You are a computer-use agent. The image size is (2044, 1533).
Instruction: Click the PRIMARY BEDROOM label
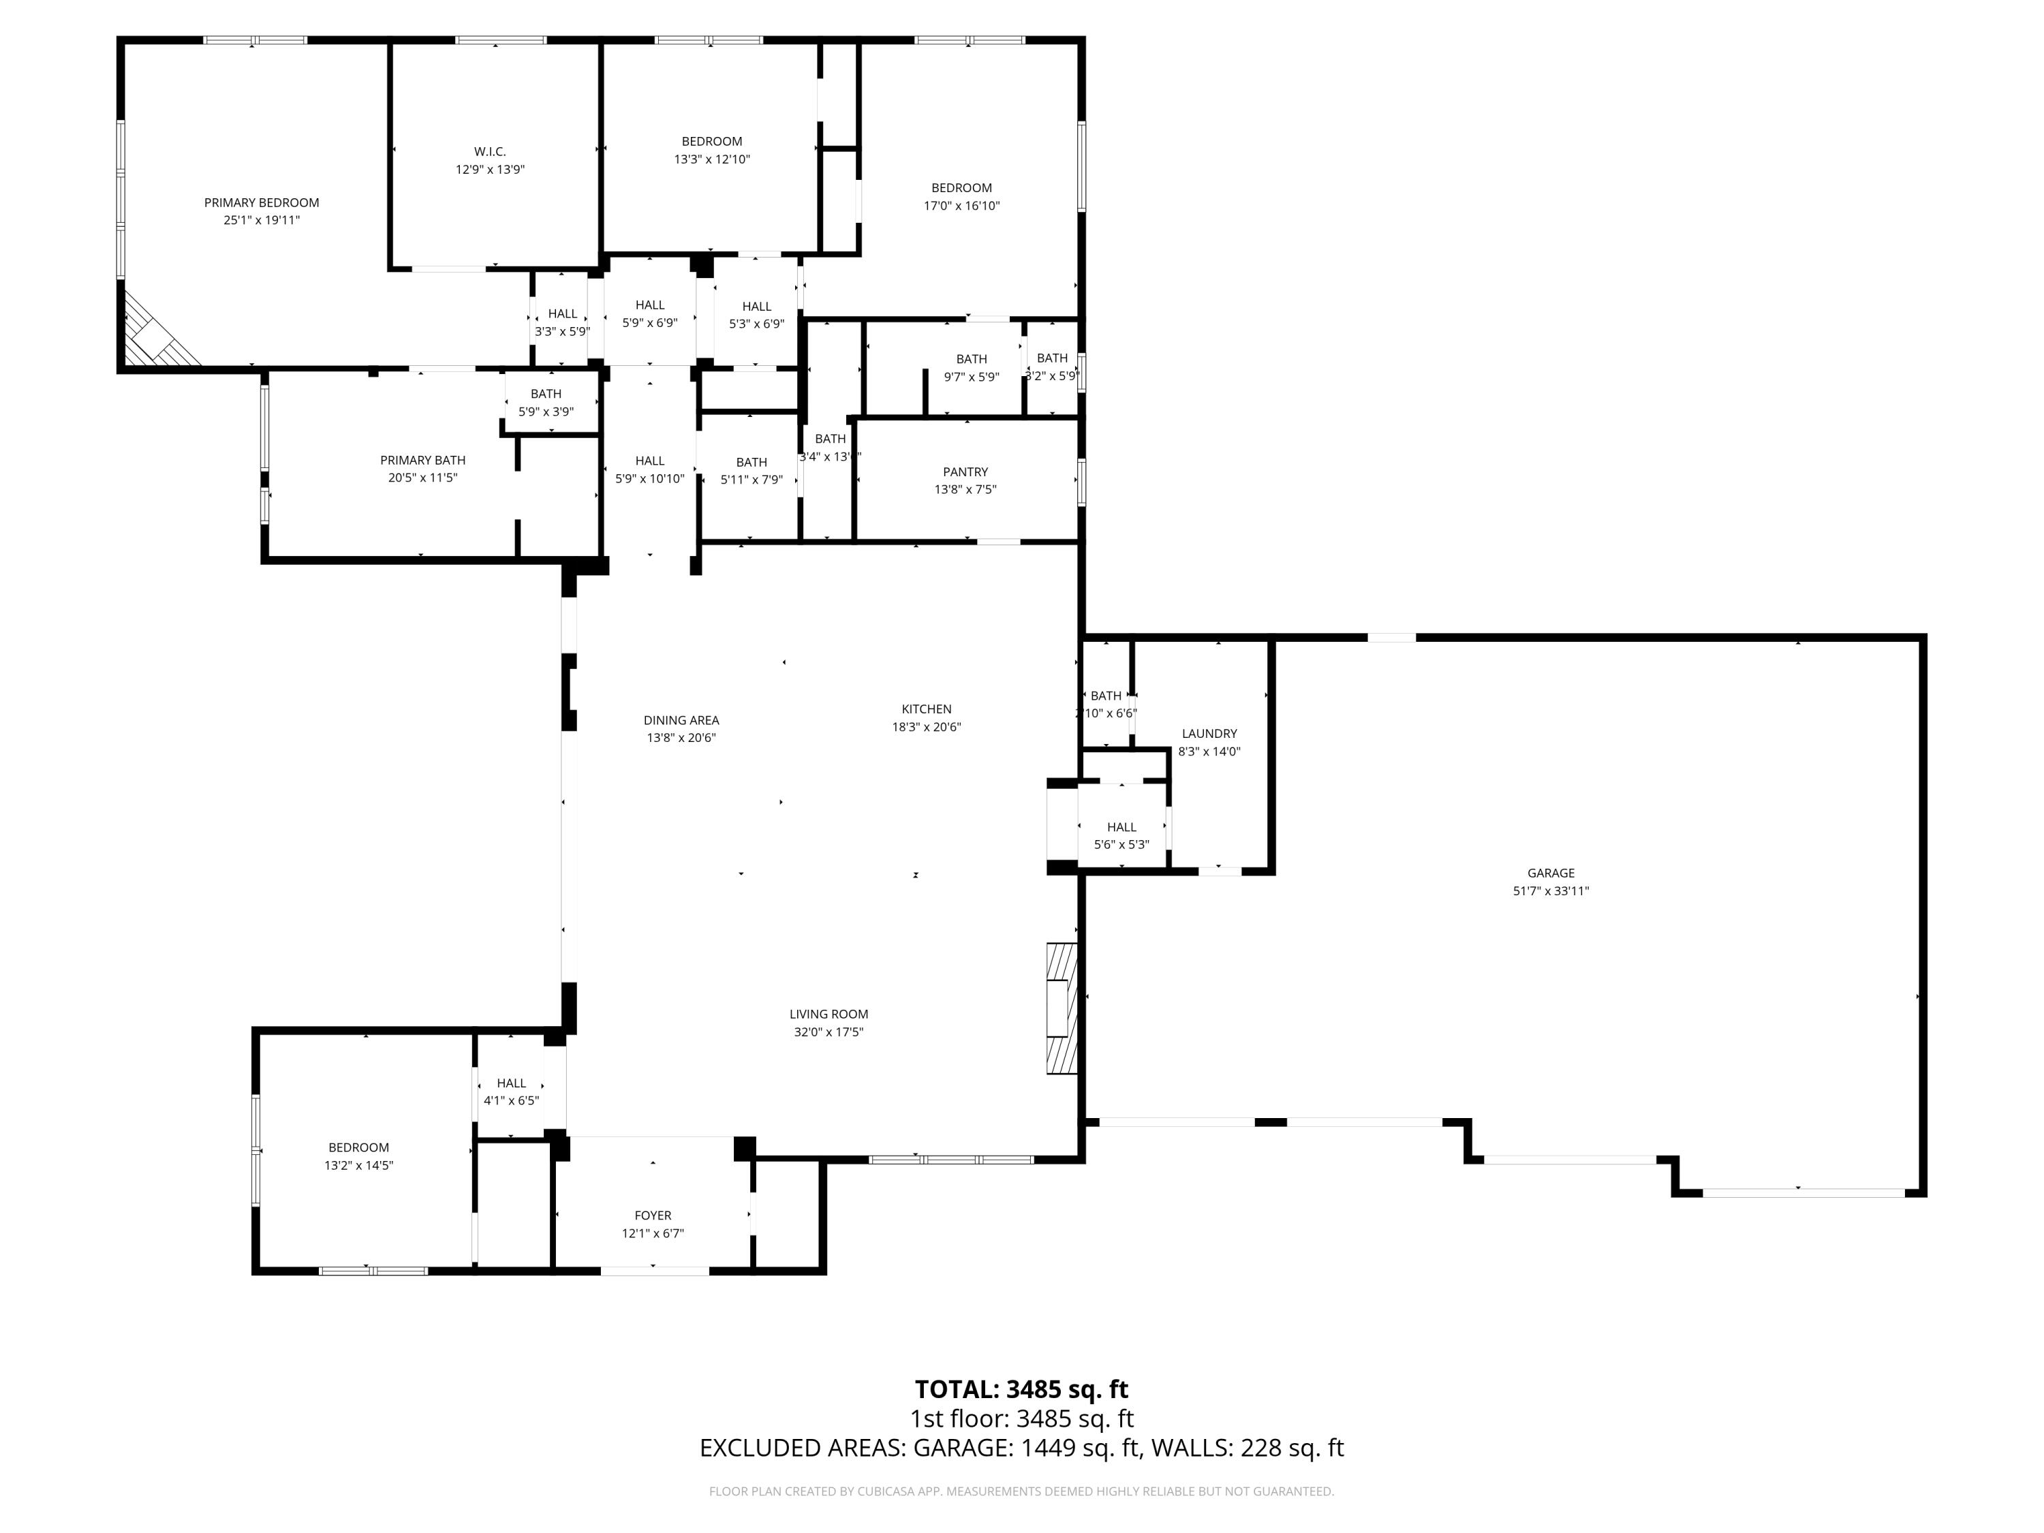coord(262,202)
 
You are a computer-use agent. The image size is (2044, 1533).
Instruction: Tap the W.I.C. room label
coord(490,151)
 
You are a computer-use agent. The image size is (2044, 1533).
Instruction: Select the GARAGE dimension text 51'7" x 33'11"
coord(1551,891)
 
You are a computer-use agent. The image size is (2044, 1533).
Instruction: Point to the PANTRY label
coord(965,472)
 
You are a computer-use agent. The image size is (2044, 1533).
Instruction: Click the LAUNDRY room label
coord(1209,734)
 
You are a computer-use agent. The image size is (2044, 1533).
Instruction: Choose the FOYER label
coord(653,1215)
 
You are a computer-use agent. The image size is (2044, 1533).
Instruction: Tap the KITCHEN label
coord(926,709)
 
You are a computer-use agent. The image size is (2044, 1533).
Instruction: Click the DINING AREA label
coord(681,720)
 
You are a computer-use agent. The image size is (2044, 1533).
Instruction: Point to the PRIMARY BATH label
coord(422,460)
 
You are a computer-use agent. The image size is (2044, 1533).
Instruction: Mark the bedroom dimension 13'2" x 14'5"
coord(358,1165)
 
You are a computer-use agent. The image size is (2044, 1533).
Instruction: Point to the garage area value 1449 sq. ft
coord(1079,1447)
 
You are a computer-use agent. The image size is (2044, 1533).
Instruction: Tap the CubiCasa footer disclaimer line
coord(1021,1491)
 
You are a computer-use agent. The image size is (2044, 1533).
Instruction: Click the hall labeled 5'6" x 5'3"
coord(1121,835)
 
